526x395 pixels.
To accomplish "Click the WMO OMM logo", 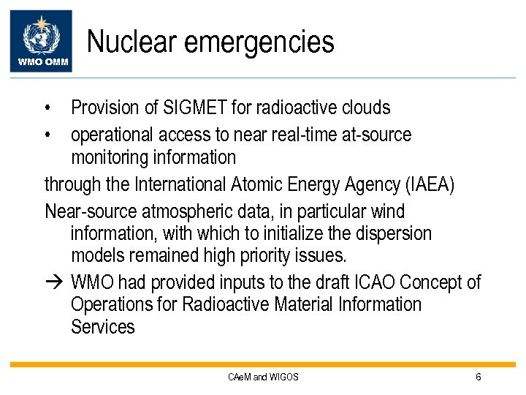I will pos(45,41).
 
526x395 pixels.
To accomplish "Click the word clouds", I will pos(366,108).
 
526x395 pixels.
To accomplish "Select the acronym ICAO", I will pos(370,282).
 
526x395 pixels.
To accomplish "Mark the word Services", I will pos(103,327).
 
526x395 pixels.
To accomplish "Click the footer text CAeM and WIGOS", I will pos(263,377).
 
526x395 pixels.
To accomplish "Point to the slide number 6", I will pos(478,377).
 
